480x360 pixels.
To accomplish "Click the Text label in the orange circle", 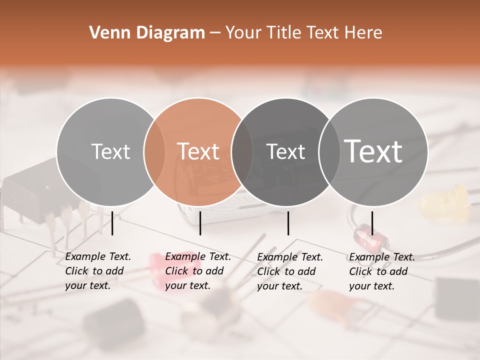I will pyautogui.click(x=198, y=151).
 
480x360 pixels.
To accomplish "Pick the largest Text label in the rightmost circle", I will pyautogui.click(x=373, y=151).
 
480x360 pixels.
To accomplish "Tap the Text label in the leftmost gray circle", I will pyautogui.click(x=110, y=151).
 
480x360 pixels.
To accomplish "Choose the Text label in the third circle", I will pyautogui.click(x=286, y=151).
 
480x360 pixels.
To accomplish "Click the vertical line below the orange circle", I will pyautogui.click(x=200, y=223).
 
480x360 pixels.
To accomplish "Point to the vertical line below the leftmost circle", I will pyautogui.click(x=112, y=223).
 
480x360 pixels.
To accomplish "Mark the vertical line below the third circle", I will pyautogui.click(x=288, y=223).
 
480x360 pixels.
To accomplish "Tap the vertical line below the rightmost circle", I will pyautogui.click(x=372, y=223).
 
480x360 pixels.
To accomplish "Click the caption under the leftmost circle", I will pyautogui.click(x=97, y=271).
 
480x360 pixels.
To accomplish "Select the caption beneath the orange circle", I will pyautogui.click(x=197, y=271).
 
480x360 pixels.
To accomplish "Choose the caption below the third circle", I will pyautogui.click(x=289, y=271).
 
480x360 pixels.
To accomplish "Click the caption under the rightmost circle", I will pyautogui.click(x=381, y=271).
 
